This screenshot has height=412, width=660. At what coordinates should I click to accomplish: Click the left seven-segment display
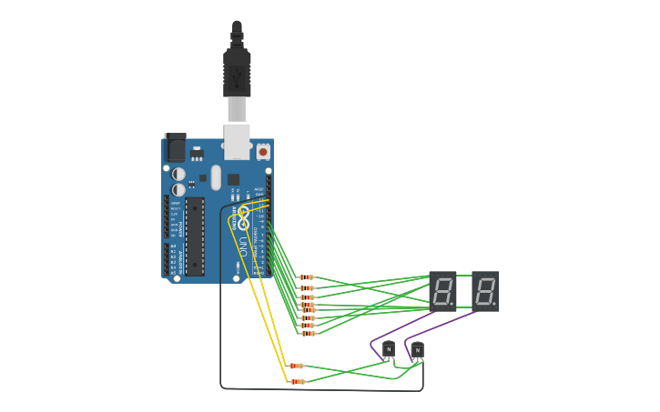(442, 291)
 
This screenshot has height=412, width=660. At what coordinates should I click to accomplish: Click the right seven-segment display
(485, 291)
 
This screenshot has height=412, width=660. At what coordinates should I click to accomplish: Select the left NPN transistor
(389, 348)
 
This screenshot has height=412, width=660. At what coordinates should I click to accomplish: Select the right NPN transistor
(417, 348)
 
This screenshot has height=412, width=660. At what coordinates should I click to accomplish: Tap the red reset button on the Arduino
(263, 152)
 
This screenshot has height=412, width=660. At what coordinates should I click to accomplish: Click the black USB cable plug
(237, 73)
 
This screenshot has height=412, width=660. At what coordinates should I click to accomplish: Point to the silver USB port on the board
(237, 141)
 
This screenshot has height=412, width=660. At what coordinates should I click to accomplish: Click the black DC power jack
(175, 147)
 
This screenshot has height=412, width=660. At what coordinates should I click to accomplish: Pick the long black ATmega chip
(195, 236)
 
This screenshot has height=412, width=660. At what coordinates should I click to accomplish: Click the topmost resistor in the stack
(307, 277)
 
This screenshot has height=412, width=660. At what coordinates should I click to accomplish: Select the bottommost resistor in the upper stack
(308, 334)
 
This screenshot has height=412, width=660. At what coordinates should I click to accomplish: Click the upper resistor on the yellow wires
(296, 366)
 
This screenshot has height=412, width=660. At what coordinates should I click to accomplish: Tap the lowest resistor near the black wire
(297, 382)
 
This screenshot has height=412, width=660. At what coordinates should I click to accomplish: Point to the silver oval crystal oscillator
(216, 176)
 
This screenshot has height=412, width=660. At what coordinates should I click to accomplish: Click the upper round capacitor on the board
(179, 174)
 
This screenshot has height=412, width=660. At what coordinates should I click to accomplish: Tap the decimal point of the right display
(494, 304)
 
